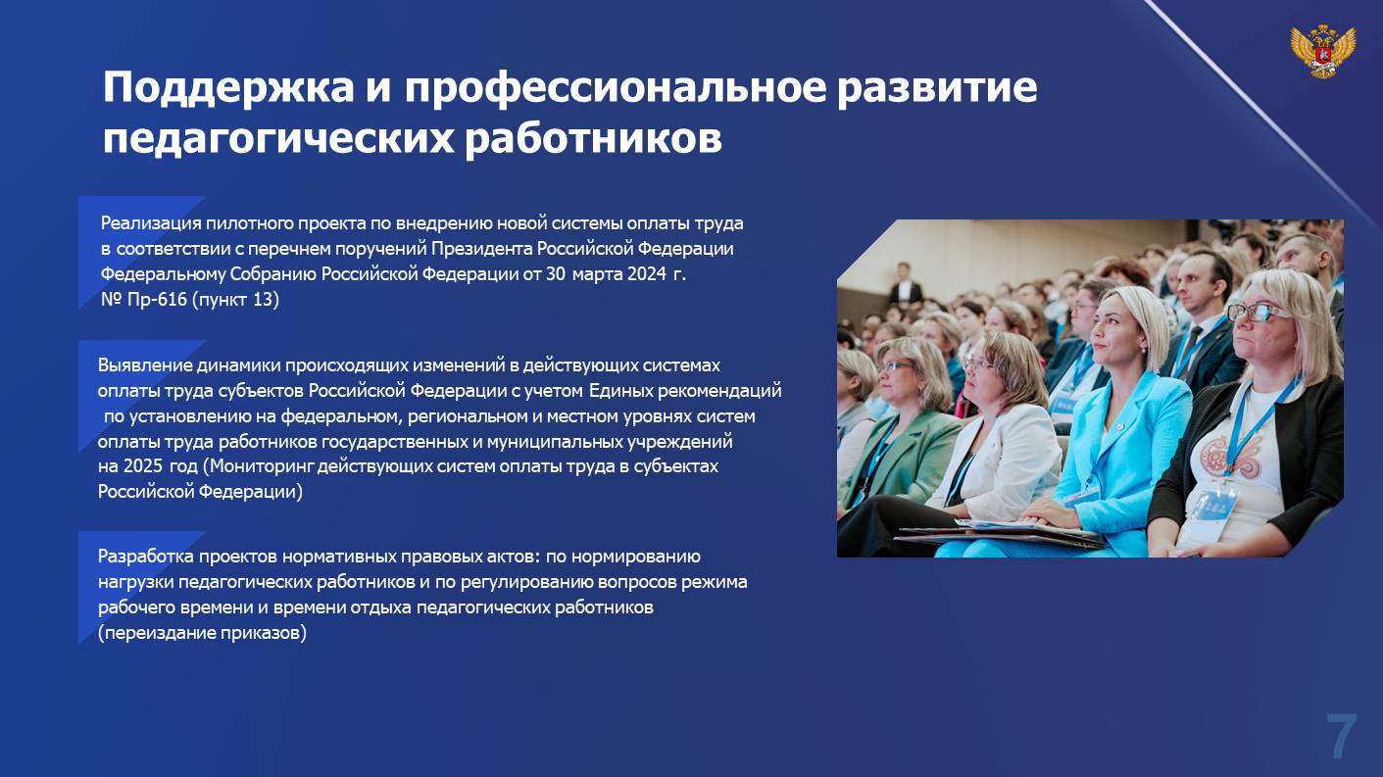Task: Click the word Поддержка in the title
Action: click(x=228, y=88)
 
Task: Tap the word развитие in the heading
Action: click(x=937, y=88)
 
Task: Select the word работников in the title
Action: click(x=593, y=139)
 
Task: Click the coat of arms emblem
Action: click(x=1322, y=51)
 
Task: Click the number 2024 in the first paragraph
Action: click(x=647, y=274)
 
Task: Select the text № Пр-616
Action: click(x=144, y=300)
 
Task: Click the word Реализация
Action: click(x=151, y=223)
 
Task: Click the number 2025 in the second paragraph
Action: click(x=143, y=466)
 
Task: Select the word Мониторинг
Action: click(x=263, y=466)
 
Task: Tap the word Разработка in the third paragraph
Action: click(x=145, y=557)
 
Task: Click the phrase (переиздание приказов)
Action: click(x=202, y=633)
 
